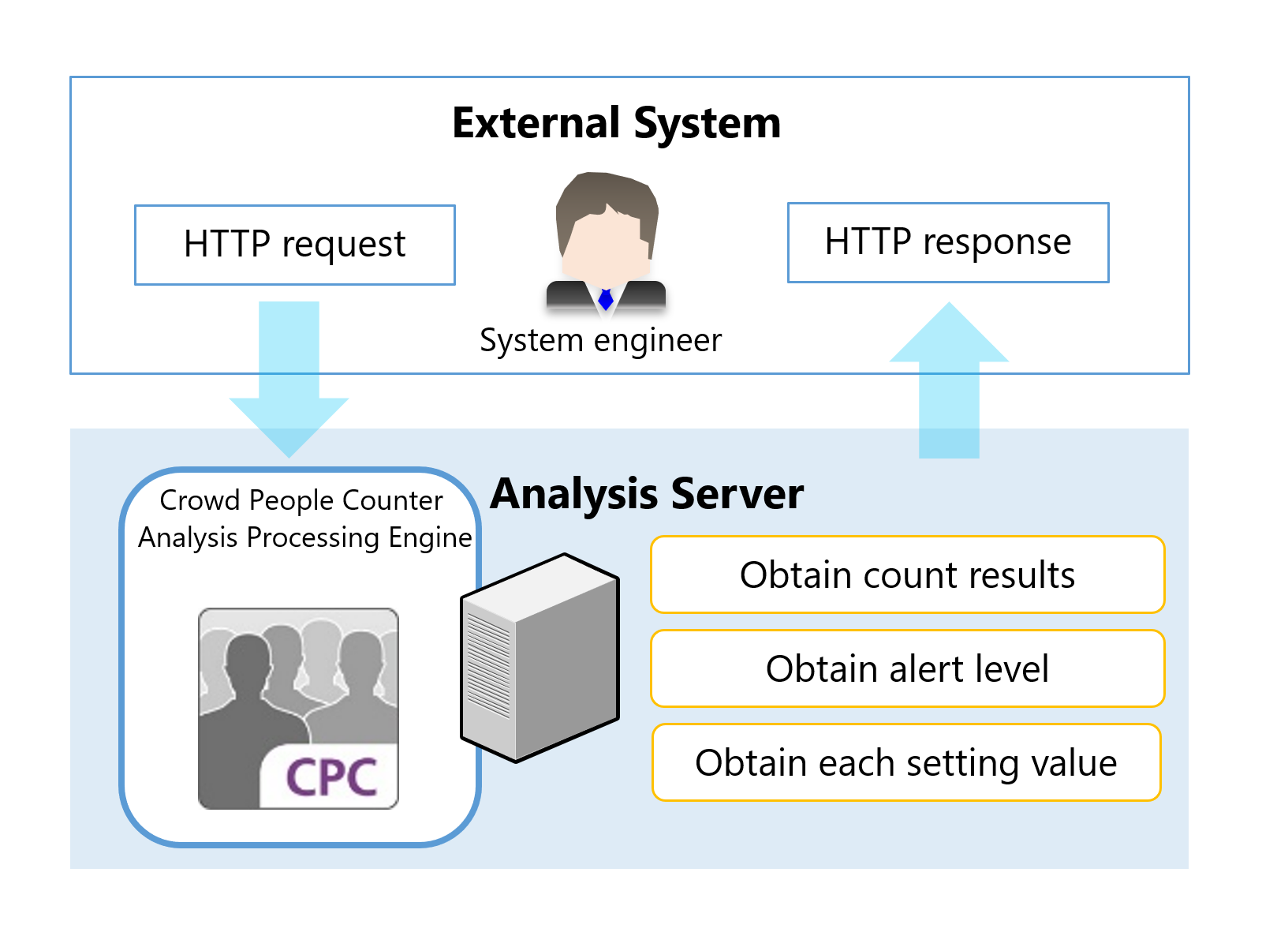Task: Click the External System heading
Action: pyautogui.click(x=616, y=124)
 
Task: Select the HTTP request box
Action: pyautogui.click(x=294, y=245)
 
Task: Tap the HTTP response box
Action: pyautogui.click(x=947, y=242)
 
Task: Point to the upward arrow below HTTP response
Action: pyautogui.click(x=949, y=379)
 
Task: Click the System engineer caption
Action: pyautogui.click(x=600, y=341)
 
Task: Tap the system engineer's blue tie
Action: pyautogui.click(x=606, y=300)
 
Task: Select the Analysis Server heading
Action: pyautogui.click(x=647, y=495)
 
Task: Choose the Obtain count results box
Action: pyautogui.click(x=907, y=575)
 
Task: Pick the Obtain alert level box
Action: pyautogui.click(x=907, y=668)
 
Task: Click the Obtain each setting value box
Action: pyautogui.click(x=906, y=762)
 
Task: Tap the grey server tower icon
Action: pyautogui.click(x=552, y=659)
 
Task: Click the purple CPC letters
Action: pyautogui.click(x=331, y=777)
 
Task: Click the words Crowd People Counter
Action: pyautogui.click(x=301, y=500)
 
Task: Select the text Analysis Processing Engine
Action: pyautogui.click(x=304, y=537)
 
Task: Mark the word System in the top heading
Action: pyautogui.click(x=707, y=124)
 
